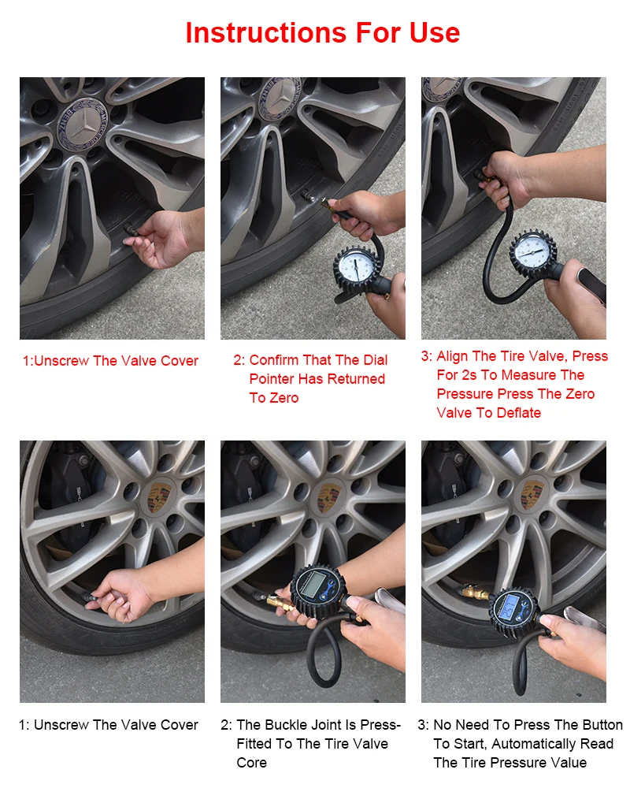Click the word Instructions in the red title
(266, 33)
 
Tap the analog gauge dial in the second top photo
(356, 266)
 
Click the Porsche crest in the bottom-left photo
(159, 498)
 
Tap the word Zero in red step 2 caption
(274, 398)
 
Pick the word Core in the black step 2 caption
(252, 763)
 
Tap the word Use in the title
(435, 33)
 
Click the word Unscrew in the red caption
(61, 361)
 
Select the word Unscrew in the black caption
(61, 725)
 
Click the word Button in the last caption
(600, 725)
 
